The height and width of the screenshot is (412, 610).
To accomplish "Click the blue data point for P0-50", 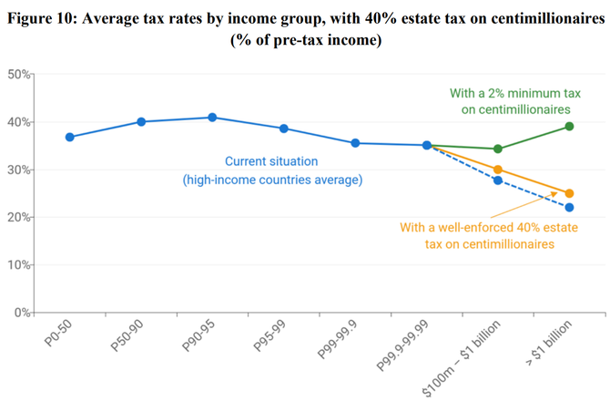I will pos(70,137).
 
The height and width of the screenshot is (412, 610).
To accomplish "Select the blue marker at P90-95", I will pos(212,118).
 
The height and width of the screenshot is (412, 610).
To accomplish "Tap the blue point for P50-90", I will pos(141,121).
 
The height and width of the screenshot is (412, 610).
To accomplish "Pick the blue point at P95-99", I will pos(284,129).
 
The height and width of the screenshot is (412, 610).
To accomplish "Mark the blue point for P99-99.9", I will pos(355,143).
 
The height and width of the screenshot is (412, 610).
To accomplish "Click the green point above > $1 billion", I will pos(569,126).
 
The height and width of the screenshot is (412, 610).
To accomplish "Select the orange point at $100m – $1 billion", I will pos(498,170).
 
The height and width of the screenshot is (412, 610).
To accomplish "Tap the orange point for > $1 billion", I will pos(569,193).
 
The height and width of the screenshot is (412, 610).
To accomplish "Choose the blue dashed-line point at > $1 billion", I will pos(569,208).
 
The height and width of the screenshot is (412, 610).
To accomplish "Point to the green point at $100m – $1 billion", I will pos(498,149).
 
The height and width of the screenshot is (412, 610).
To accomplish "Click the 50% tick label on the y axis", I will pos(20,74).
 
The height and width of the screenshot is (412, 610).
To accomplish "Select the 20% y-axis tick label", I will pos(20,217).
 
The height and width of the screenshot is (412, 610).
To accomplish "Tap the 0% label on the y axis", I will pos(24,313).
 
